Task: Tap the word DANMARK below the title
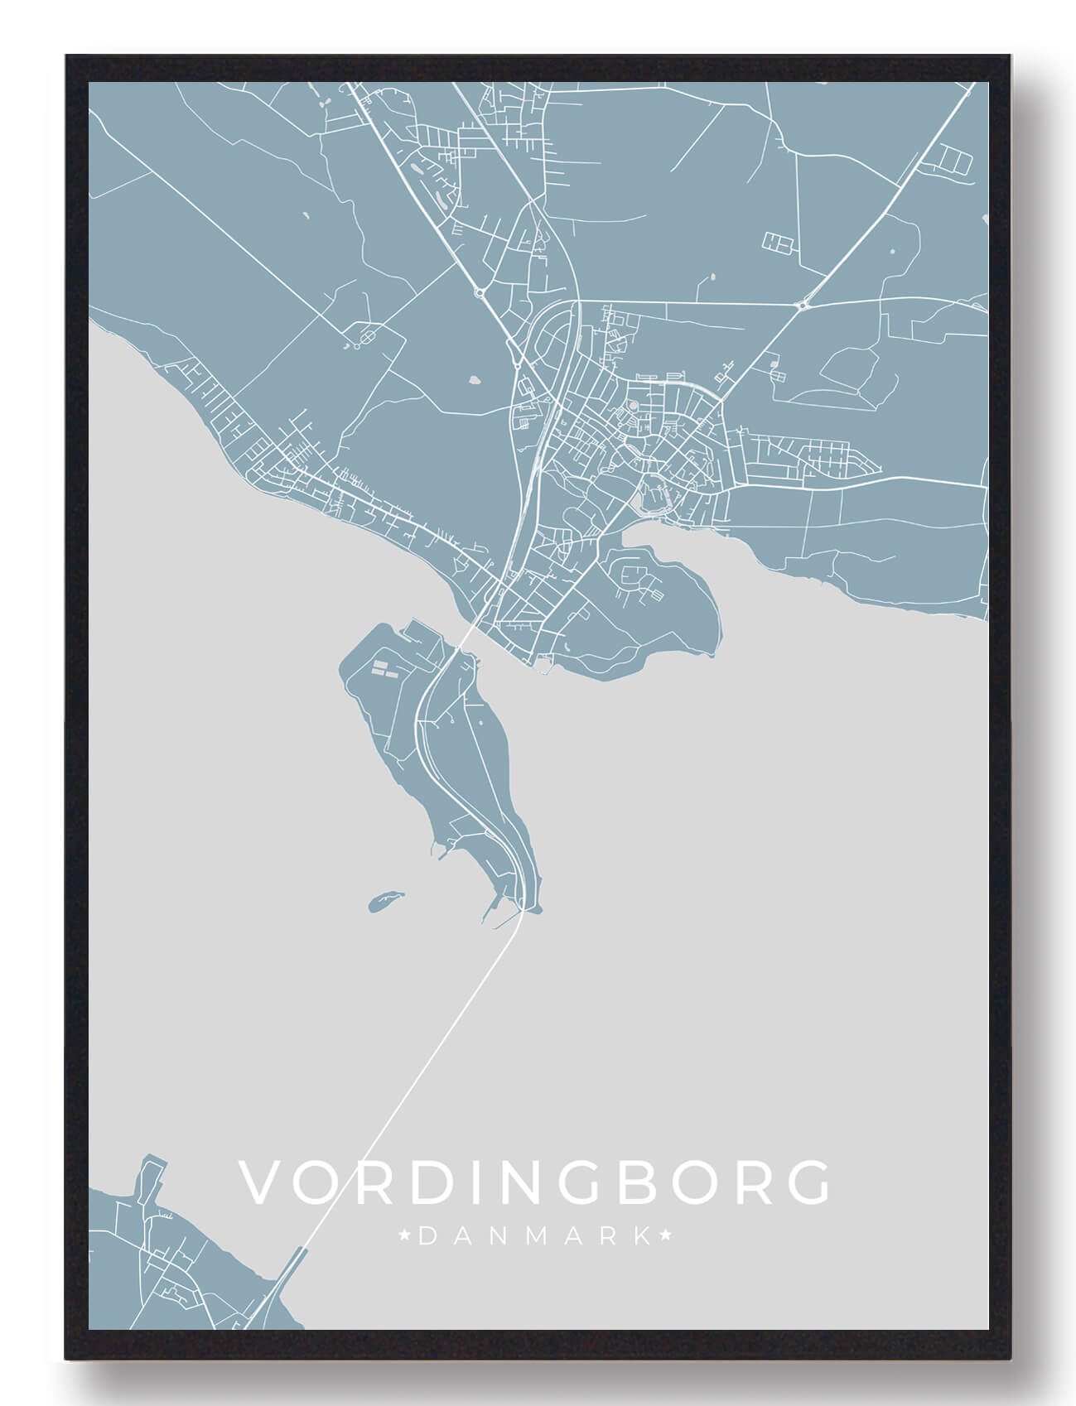535,1237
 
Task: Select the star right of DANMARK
665,1237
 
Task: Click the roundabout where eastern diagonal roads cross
803,306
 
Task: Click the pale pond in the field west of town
475,381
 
